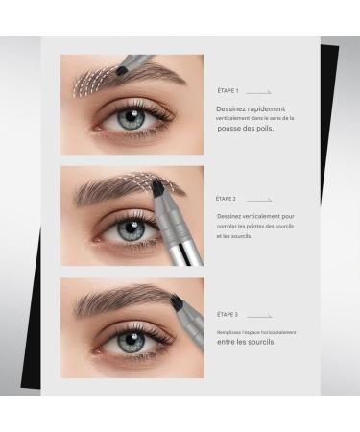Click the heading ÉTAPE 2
click(227, 199)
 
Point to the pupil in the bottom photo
click(133, 342)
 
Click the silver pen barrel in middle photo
click(180, 245)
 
